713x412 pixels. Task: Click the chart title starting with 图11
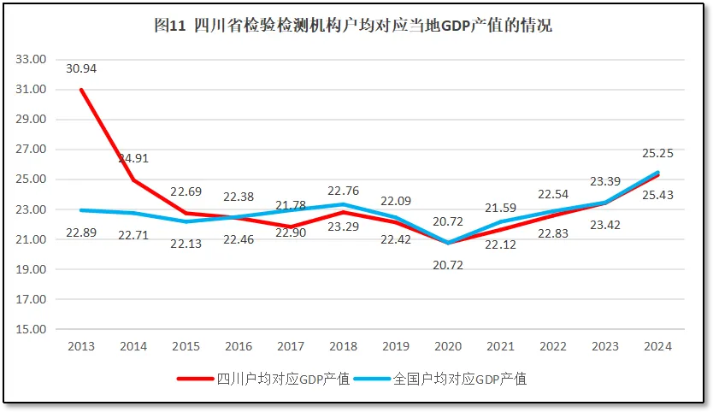click(353, 26)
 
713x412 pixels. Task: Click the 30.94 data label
click(82, 68)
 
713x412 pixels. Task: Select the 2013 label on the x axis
click(81, 346)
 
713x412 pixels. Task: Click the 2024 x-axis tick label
click(657, 346)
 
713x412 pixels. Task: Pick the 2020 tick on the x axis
click(448, 346)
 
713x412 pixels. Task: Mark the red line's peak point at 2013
click(81, 90)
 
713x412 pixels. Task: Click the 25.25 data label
click(657, 153)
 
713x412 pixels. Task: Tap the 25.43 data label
click(657, 196)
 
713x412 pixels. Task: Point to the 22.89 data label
click(82, 232)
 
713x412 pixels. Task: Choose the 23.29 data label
click(343, 228)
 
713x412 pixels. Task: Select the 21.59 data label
click(500, 208)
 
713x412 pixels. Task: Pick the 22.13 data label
click(186, 244)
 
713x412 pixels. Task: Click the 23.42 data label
click(605, 226)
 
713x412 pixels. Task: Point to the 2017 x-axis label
click(291, 346)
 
